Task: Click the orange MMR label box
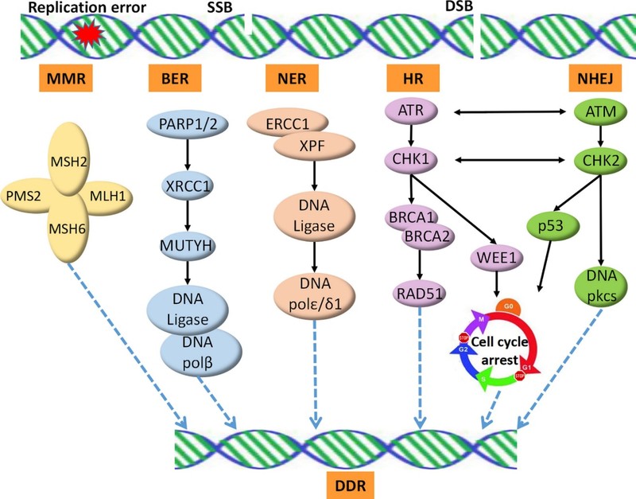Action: [61, 79]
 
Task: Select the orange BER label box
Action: [173, 79]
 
